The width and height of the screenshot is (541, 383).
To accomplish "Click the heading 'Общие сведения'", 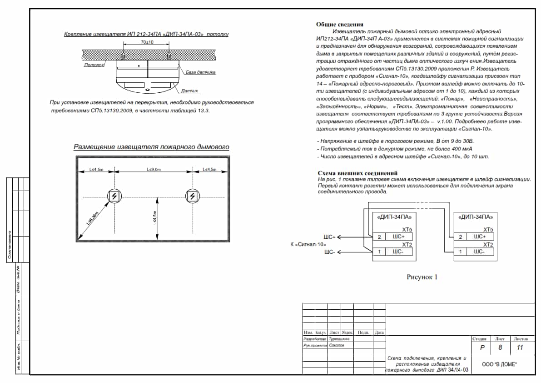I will click(x=340, y=25).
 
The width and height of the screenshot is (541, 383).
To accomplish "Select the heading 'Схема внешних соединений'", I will click(x=357, y=173).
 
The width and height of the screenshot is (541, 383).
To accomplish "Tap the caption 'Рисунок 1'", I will click(x=422, y=277).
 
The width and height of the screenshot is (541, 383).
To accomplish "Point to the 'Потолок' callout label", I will click(x=94, y=65).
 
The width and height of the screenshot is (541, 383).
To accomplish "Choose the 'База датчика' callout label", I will click(x=200, y=72).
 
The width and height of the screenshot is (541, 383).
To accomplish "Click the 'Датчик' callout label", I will click(x=190, y=91).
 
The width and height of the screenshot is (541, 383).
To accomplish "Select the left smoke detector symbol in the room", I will click(x=114, y=196).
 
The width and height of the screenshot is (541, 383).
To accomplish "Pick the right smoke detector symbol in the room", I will click(x=193, y=196).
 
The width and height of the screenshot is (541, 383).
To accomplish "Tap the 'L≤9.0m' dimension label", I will click(x=154, y=170).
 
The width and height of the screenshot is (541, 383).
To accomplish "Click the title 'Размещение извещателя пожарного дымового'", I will click(x=151, y=147).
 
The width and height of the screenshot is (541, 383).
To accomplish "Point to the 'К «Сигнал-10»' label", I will click(x=308, y=245).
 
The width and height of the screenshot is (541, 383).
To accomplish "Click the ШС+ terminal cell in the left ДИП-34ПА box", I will click(x=399, y=237).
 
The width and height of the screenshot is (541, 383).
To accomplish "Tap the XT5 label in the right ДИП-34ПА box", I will click(x=488, y=230).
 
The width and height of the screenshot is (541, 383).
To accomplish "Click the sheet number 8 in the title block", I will click(x=500, y=348).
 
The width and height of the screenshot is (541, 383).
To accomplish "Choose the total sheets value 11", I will click(x=521, y=348).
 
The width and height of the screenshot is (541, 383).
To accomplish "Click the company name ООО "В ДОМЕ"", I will click(x=500, y=365).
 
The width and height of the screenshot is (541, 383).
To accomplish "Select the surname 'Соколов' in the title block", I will click(x=337, y=345).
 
